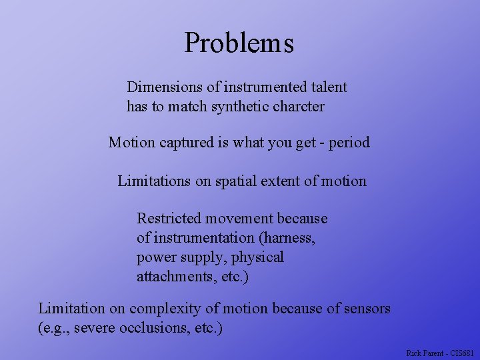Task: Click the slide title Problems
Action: click(x=239, y=43)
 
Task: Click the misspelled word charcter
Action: click(x=299, y=106)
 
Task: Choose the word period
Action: click(x=349, y=143)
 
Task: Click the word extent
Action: click(x=289, y=181)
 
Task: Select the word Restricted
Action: click(x=169, y=218)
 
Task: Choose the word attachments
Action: click(x=175, y=276)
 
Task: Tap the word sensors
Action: click(x=366, y=309)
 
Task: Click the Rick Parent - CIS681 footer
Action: click(x=440, y=353)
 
